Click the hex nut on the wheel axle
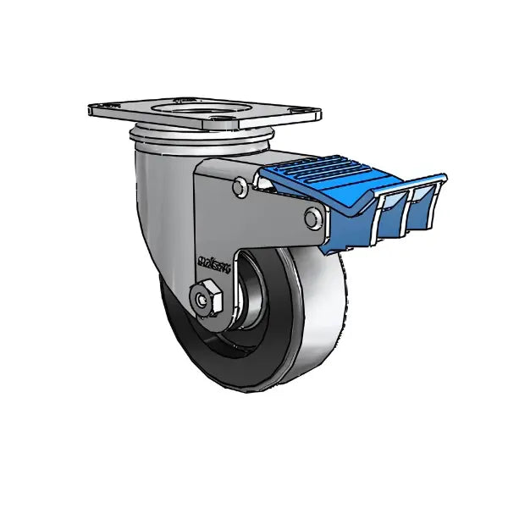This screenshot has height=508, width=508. coord(203,298)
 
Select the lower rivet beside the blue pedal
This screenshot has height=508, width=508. coord(312,220)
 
